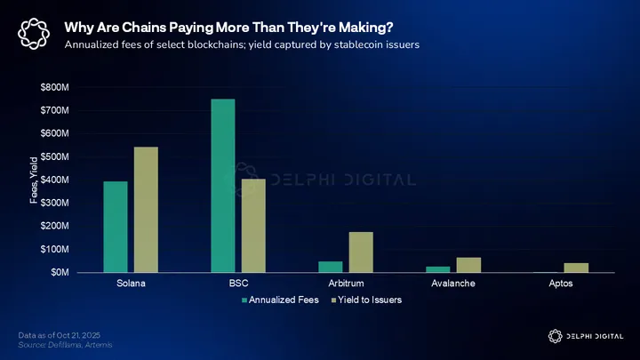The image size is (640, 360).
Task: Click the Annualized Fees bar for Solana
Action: coord(116,227)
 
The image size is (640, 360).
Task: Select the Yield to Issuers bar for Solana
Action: coord(146,210)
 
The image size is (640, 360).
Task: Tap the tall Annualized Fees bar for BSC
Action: coord(223,186)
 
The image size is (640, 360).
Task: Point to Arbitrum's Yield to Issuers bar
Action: coord(361,252)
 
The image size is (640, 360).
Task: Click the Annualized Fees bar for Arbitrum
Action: coord(331,267)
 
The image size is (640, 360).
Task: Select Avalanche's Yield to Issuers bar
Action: coord(468,265)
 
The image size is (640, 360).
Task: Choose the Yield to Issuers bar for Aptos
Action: coord(576,268)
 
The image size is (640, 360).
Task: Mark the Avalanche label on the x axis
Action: coord(453,284)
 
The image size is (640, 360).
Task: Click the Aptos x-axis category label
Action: coord(561,284)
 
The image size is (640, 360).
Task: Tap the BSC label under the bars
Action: coord(238,284)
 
